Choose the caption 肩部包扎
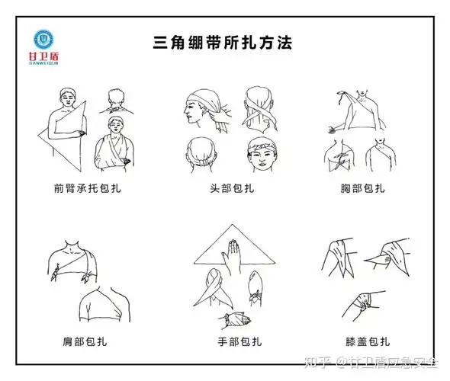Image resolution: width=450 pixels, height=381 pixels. point(85,341)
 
